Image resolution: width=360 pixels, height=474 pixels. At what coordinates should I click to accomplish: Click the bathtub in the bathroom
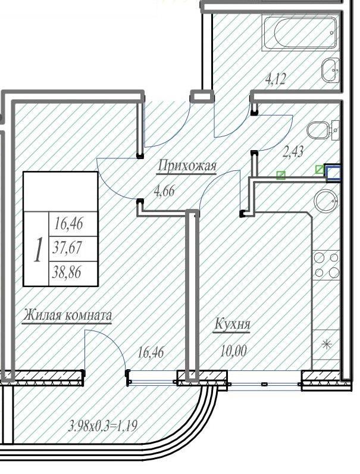click(300, 33)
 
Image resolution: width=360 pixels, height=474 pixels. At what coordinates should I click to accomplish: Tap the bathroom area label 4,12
click(275, 80)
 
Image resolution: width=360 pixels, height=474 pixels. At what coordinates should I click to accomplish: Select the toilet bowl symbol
click(318, 130)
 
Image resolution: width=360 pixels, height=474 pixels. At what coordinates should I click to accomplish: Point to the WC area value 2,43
click(293, 151)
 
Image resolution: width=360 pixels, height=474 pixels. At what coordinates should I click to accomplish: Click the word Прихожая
click(187, 166)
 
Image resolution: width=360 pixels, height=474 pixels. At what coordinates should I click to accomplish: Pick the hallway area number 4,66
click(164, 191)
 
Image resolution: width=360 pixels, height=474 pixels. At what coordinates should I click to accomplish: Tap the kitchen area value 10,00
click(233, 351)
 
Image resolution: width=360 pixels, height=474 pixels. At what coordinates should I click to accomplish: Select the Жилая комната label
click(67, 315)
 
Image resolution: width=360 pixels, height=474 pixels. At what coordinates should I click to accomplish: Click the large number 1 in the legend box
click(37, 250)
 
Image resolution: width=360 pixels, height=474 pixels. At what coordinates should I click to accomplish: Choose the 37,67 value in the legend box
click(67, 248)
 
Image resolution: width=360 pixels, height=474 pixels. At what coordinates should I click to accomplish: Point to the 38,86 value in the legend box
click(67, 273)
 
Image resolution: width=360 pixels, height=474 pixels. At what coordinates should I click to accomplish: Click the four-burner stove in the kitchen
click(326, 265)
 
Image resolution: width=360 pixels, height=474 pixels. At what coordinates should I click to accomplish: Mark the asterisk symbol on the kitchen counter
click(326, 344)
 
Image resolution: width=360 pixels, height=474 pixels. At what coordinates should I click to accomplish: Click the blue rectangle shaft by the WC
click(333, 173)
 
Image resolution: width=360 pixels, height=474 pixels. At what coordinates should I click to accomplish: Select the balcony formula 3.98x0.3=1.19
click(104, 426)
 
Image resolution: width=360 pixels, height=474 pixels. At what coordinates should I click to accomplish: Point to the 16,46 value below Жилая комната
click(151, 353)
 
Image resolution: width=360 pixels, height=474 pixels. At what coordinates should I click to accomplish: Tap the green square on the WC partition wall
click(281, 175)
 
